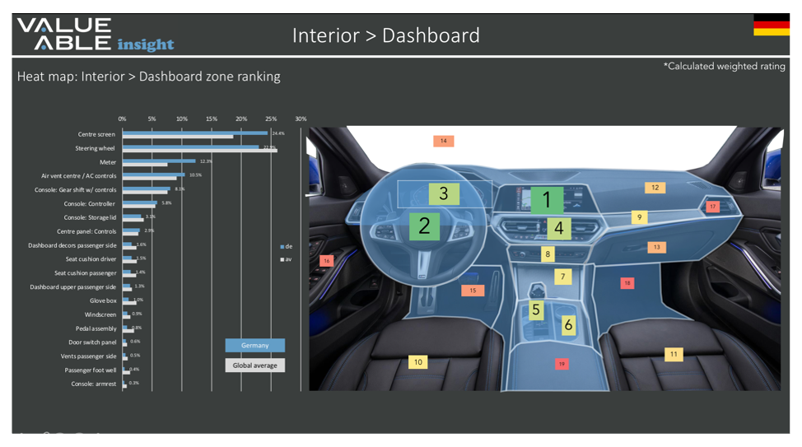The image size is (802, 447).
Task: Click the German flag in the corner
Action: [x=771, y=26]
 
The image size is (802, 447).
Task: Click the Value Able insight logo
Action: [x=95, y=34]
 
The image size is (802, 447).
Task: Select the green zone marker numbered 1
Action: [x=546, y=199]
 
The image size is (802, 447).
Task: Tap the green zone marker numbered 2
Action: [x=424, y=226]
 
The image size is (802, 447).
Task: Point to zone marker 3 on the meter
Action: [x=443, y=193]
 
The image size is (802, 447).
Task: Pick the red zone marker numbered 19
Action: [x=562, y=363]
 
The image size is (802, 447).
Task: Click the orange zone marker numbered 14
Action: [x=443, y=141]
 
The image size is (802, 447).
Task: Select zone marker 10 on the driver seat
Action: [x=418, y=361]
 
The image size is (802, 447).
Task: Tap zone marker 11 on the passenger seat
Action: [x=674, y=354]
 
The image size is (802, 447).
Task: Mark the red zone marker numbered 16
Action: [x=326, y=261]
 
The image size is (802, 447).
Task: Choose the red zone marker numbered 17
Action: [x=712, y=206]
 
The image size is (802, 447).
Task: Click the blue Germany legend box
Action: [x=254, y=345]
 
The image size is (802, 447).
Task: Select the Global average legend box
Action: [x=254, y=365]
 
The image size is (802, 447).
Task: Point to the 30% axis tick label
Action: [x=301, y=119]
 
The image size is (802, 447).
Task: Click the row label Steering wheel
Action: [x=96, y=148]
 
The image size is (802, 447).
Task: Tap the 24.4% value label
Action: [x=278, y=133]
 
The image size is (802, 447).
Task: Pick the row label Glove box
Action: [x=103, y=300]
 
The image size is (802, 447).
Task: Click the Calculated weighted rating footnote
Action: [x=724, y=66]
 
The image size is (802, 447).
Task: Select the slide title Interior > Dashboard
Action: [x=385, y=35]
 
